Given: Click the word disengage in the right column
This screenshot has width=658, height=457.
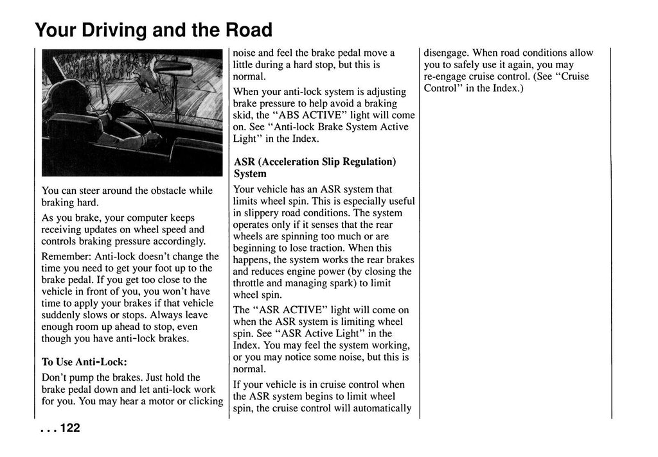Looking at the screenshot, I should (445, 53).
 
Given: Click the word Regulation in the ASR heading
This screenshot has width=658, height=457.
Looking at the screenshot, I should (367, 162).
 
